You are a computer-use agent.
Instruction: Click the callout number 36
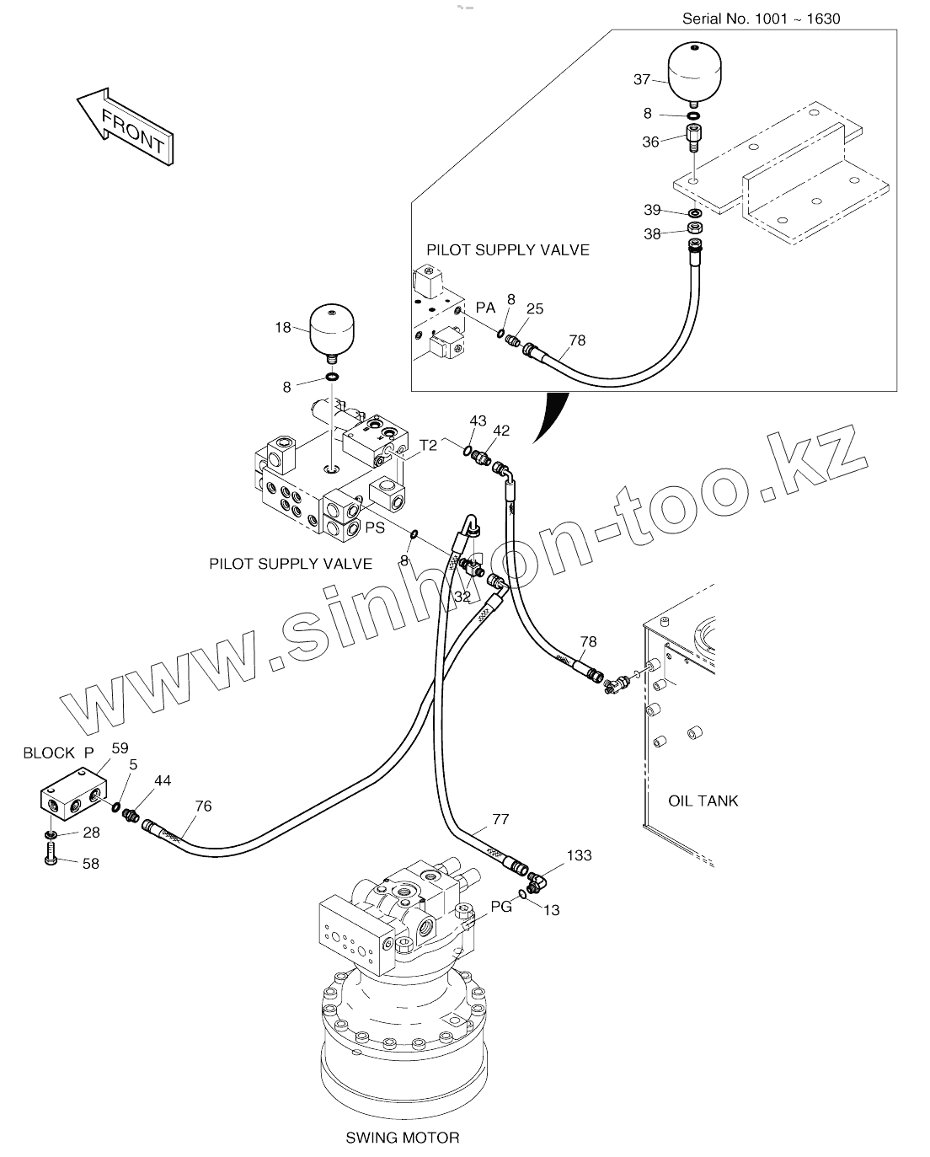point(651,142)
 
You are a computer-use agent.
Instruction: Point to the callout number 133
point(579,855)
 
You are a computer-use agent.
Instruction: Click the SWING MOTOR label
point(403,1138)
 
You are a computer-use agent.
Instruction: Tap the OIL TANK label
point(703,801)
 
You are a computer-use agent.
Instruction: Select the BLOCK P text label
point(58,753)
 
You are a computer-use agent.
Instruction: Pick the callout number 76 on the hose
point(203,806)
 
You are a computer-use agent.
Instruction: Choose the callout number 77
point(500,818)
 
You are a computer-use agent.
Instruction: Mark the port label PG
point(502,907)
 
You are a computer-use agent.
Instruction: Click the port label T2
point(429,445)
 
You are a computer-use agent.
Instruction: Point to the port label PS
point(376,528)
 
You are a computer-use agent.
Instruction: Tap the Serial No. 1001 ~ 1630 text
point(761,19)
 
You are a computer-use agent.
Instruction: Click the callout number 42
point(501,430)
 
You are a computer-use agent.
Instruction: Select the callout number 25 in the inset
point(534,308)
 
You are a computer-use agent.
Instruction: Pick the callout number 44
point(163,781)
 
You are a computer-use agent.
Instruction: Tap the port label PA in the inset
point(486,308)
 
